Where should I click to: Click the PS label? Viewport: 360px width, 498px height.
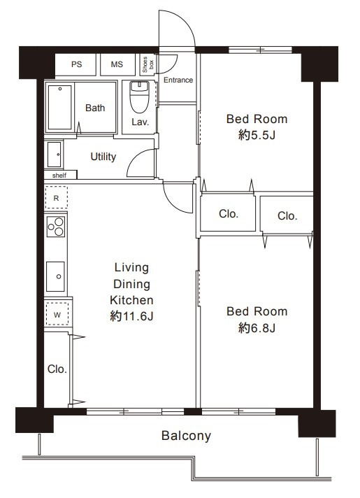coord(76,64)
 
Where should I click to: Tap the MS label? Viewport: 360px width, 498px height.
coord(117,64)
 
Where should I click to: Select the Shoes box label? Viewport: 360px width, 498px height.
coord(148,64)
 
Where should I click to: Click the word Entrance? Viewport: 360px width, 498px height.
coord(178,80)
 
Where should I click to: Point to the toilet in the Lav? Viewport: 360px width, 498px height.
coord(139,97)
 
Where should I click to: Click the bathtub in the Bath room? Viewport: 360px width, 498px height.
coord(60,108)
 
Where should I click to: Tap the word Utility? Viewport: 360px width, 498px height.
coord(103,157)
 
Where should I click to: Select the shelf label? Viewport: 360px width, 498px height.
coord(59,176)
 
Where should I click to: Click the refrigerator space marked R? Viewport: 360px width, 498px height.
coord(56,198)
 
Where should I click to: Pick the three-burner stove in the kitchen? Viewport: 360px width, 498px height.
coord(56,227)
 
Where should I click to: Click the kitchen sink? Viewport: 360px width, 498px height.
coord(55,277)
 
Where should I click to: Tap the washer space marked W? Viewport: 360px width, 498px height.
coord(57,315)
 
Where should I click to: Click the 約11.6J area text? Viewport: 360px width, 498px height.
coord(131,316)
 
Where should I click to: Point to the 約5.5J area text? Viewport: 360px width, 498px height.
coord(257,136)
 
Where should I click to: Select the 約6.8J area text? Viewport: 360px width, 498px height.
coord(257,328)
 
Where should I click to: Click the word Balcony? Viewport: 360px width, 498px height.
coord(187,436)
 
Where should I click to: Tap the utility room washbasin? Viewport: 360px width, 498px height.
coord(55,155)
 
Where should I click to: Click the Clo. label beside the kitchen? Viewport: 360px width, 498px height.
coord(57,369)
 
